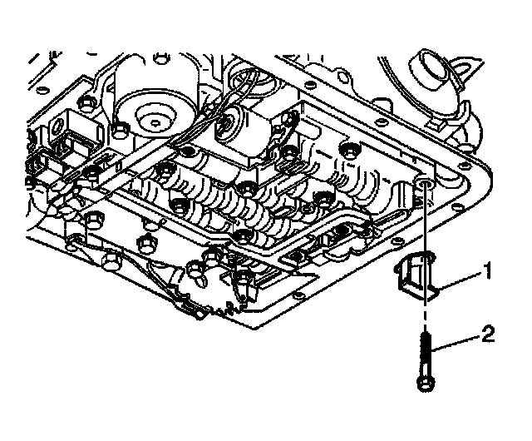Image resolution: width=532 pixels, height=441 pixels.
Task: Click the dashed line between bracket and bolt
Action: [426, 312]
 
